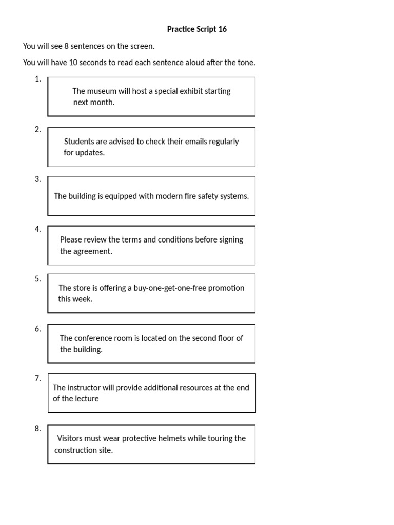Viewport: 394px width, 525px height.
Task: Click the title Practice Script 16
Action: tap(196, 29)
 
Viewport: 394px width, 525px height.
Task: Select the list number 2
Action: tap(37, 129)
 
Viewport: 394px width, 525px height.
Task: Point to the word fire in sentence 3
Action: tap(193, 196)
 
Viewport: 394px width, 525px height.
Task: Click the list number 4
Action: tap(37, 229)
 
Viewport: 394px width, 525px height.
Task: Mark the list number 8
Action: tap(37, 429)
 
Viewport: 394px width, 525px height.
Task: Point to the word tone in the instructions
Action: tap(245, 63)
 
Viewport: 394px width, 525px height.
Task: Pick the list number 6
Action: tap(37, 329)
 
